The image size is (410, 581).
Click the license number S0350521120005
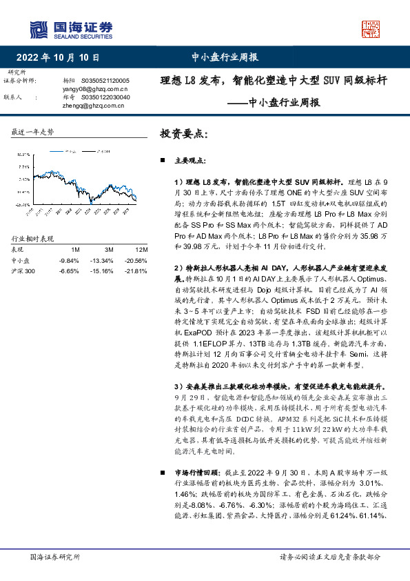[105, 81]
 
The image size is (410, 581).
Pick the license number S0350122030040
[105, 97]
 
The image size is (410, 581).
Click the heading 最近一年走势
[33, 131]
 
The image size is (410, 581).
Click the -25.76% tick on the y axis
[20, 205]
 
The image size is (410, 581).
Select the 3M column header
[109, 250]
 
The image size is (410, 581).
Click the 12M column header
[141, 250]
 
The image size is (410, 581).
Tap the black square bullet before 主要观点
[163, 161]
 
